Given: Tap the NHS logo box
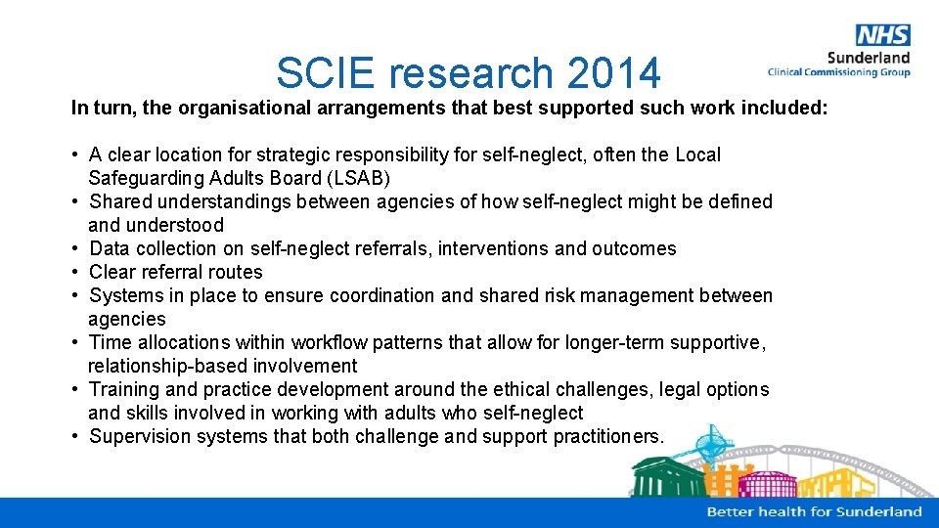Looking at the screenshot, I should (x=882, y=35).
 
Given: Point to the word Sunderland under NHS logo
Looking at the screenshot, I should (x=869, y=58).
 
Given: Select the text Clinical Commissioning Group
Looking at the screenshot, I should (x=838, y=72).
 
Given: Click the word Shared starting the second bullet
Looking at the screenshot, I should (x=120, y=201).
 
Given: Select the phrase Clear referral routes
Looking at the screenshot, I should (x=176, y=272).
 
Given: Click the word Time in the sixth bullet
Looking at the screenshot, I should (x=110, y=342).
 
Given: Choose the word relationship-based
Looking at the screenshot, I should (x=163, y=366).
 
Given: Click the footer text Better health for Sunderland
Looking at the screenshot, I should (x=814, y=511).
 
